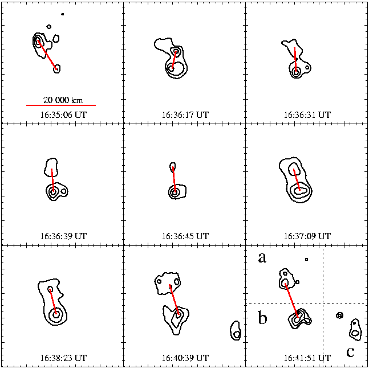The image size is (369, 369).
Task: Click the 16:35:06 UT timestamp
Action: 64,115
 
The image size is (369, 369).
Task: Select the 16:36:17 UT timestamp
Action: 185,115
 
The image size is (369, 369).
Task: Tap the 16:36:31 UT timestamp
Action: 307,115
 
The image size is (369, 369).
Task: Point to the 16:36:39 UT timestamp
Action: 64,236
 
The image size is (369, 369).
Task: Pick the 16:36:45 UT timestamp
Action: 185,236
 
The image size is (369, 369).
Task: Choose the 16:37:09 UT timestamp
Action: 307,236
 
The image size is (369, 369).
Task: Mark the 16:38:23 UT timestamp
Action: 64,358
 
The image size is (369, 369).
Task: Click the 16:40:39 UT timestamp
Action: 185,358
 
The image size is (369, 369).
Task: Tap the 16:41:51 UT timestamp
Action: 307,358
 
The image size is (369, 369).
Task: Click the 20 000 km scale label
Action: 63,100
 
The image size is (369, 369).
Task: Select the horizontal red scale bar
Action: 61,105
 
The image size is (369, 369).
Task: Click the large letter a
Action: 262,258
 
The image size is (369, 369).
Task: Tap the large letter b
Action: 263,318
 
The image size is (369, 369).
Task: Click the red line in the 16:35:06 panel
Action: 47,55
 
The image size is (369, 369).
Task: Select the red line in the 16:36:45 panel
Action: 174,179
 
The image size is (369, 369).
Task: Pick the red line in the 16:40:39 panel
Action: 174,300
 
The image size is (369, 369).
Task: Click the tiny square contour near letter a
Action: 307,259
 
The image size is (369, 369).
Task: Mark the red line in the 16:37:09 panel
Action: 297,179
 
